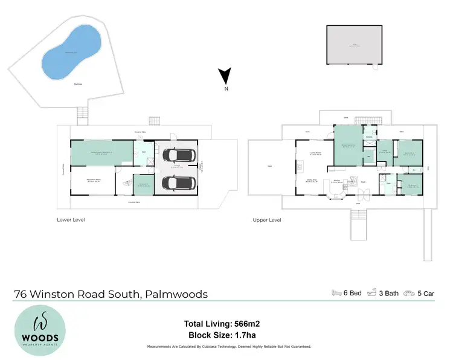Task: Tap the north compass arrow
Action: coord(225,77)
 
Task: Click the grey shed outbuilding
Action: coord(354,44)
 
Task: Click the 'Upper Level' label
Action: coord(267,220)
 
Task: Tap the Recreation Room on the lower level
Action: coord(93,181)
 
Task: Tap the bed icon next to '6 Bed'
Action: coord(337,293)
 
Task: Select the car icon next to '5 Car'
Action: coord(410,293)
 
